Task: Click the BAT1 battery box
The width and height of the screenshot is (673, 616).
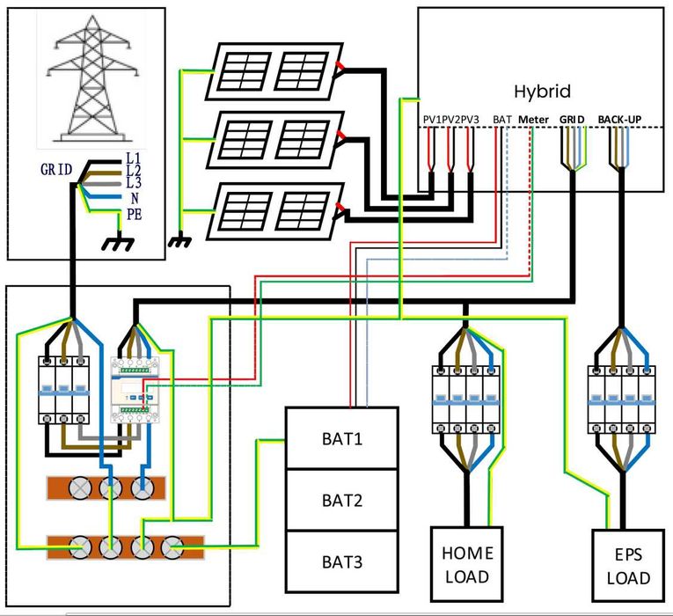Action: (x=341, y=437)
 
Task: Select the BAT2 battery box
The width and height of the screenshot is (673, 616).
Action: (x=341, y=500)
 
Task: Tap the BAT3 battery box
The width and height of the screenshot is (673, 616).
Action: (x=341, y=561)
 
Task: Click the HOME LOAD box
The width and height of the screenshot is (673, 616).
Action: (x=466, y=566)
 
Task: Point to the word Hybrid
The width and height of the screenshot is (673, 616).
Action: (x=543, y=91)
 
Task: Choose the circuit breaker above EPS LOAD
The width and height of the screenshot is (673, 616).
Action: (x=624, y=399)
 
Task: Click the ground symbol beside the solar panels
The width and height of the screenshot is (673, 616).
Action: (x=180, y=238)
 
